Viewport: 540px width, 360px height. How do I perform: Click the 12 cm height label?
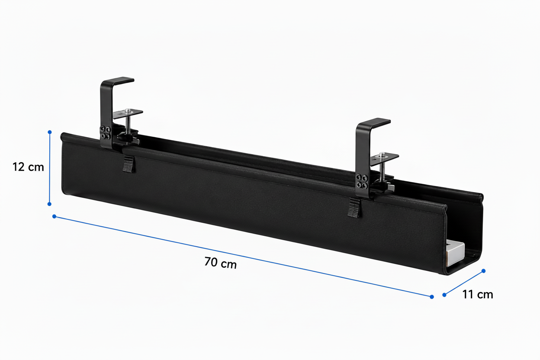tap(28, 167)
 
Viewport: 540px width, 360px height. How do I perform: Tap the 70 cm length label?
tap(221, 263)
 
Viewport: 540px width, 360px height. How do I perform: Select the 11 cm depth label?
tap(478, 295)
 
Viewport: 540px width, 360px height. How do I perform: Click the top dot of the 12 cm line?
tap(50, 132)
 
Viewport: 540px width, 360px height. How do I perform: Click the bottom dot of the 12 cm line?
tap(49, 204)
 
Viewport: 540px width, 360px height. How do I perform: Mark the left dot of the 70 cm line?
tap(54, 216)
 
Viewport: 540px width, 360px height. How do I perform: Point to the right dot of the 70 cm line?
tap(432, 297)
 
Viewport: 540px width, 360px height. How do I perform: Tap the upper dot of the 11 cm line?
tap(483, 271)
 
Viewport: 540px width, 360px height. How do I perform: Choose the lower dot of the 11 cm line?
tap(444, 295)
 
